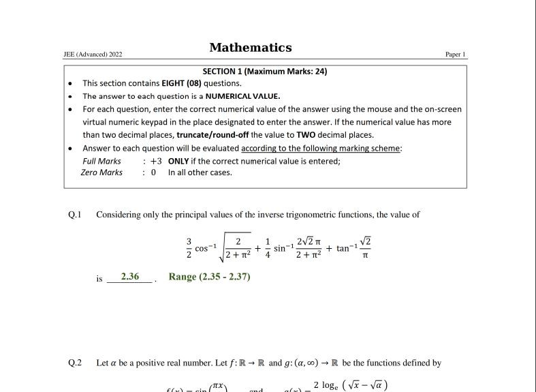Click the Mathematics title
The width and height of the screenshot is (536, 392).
click(251, 48)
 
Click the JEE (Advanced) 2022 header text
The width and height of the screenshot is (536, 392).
click(93, 55)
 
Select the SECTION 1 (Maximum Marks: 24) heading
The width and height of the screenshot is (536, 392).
click(265, 72)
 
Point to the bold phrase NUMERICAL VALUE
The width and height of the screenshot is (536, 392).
click(242, 96)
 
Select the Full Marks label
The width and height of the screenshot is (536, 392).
click(101, 162)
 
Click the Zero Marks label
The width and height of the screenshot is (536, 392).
click(101, 172)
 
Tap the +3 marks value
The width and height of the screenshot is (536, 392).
click(156, 162)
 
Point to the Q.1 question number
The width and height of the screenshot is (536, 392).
click(75, 215)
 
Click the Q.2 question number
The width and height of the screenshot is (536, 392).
click(75, 363)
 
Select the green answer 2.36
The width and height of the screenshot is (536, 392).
click(129, 277)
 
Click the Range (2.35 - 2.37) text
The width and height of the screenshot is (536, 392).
click(210, 277)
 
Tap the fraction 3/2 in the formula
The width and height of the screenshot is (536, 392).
click(189, 248)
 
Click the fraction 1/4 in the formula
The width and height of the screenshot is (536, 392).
click(268, 248)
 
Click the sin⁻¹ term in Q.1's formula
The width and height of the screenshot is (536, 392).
click(284, 247)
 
